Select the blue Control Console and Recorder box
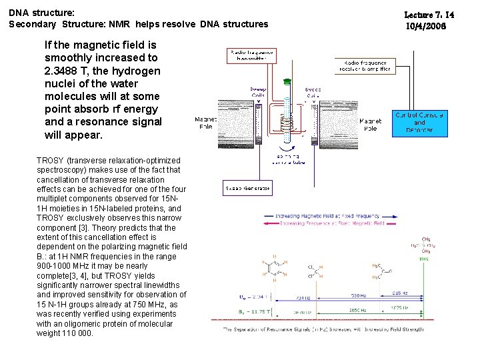(x=419, y=123)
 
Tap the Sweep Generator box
(x=247, y=189)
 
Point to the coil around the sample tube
(x=287, y=123)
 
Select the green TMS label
(x=424, y=259)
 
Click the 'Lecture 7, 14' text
(x=430, y=14)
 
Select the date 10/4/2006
(x=426, y=26)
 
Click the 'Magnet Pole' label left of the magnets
(x=205, y=123)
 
